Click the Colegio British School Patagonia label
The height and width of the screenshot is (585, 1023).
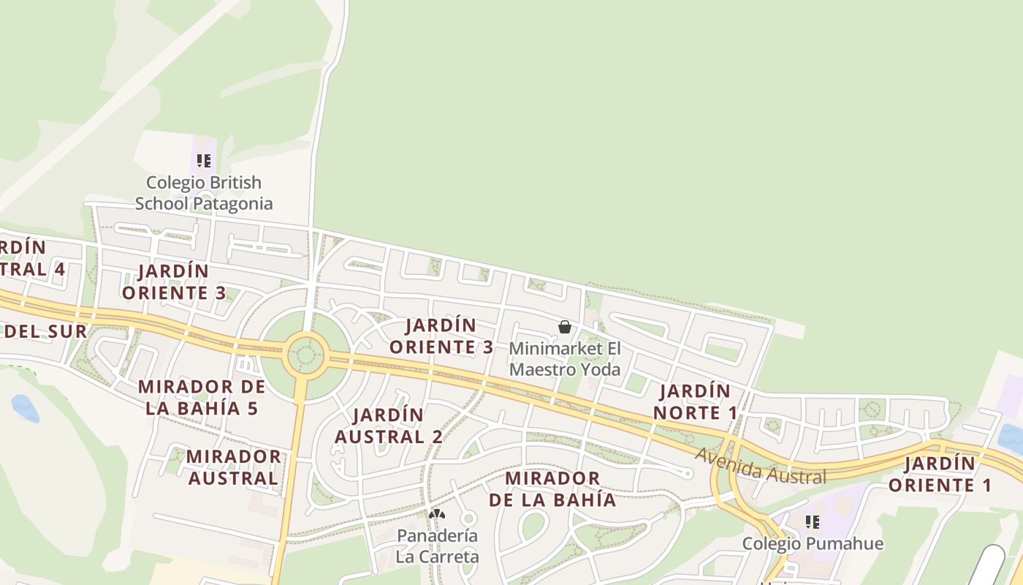[203, 193]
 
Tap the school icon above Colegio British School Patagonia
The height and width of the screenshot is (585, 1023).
[204, 161]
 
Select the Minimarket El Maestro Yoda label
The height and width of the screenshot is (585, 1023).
[564, 359]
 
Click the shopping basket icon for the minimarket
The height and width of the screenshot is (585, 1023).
[565, 327]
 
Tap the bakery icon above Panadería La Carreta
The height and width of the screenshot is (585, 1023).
[437, 515]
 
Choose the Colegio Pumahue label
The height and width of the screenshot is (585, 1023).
[813, 544]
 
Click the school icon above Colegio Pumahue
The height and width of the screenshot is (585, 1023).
[812, 522]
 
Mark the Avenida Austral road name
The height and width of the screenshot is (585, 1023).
[760, 466]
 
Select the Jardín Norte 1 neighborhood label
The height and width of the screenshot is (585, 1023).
[695, 402]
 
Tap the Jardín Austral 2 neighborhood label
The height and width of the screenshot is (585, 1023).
[388, 426]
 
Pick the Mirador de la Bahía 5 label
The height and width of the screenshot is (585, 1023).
[202, 397]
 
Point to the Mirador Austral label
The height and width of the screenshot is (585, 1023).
[233, 468]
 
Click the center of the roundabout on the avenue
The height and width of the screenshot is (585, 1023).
[305, 355]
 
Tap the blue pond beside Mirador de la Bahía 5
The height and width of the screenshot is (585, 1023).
[23, 408]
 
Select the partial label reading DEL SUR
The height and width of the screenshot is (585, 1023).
[45, 331]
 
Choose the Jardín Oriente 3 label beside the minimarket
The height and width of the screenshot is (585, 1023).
[441, 336]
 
